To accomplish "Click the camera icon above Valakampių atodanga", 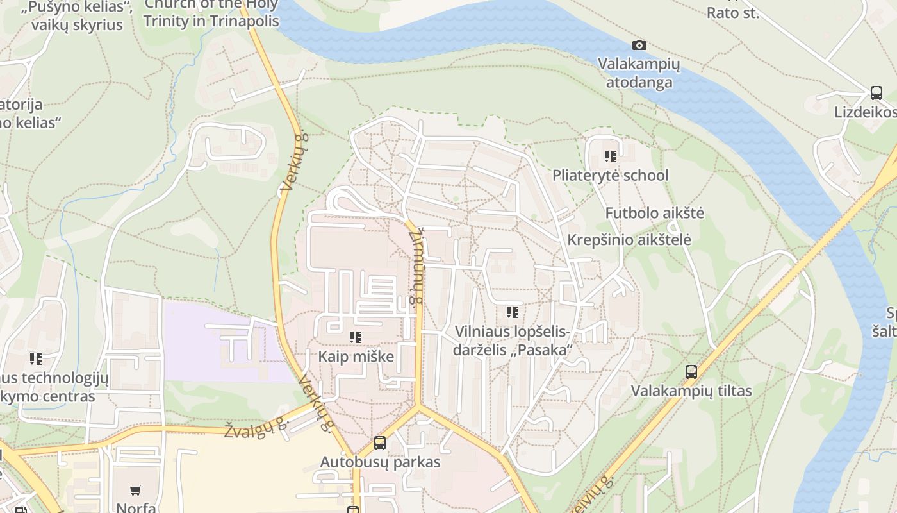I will [x=639, y=45].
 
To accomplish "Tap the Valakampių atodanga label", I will [x=639, y=74].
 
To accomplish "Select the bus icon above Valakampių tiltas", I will [x=691, y=371].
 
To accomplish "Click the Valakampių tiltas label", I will [x=691, y=391].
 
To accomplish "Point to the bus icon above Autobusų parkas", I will [x=380, y=442].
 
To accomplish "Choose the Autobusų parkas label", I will [x=380, y=462].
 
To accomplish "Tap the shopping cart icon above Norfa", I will [x=136, y=491].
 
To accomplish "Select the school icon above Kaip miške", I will [x=356, y=337].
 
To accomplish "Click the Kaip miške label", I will [x=356, y=357].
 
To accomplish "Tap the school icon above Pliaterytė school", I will [x=610, y=156].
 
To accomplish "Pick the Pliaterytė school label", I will [x=610, y=175].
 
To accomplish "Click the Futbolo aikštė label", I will [x=654, y=213].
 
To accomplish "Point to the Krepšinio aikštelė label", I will [x=629, y=240].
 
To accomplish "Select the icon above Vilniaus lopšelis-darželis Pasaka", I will [x=512, y=312].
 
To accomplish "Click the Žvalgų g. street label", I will [x=255, y=427].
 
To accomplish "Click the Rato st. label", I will [x=732, y=12].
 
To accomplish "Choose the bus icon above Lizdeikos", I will [x=876, y=93].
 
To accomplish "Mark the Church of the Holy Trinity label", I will [x=211, y=13].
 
